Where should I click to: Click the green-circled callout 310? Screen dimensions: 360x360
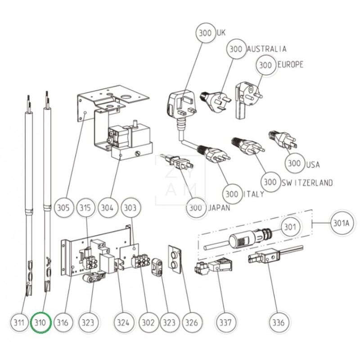[x=41, y=322]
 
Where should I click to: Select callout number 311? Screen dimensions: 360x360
[x=18, y=322]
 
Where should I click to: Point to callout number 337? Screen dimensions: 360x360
[x=225, y=322]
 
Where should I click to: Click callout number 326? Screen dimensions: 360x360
[x=192, y=322]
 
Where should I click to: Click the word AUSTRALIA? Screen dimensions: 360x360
[x=266, y=49]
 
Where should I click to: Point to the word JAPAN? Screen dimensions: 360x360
[x=219, y=208]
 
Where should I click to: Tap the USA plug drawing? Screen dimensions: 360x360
[x=281, y=139]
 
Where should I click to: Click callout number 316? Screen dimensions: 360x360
[x=63, y=322]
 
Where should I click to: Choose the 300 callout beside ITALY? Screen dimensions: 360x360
[x=232, y=194]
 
